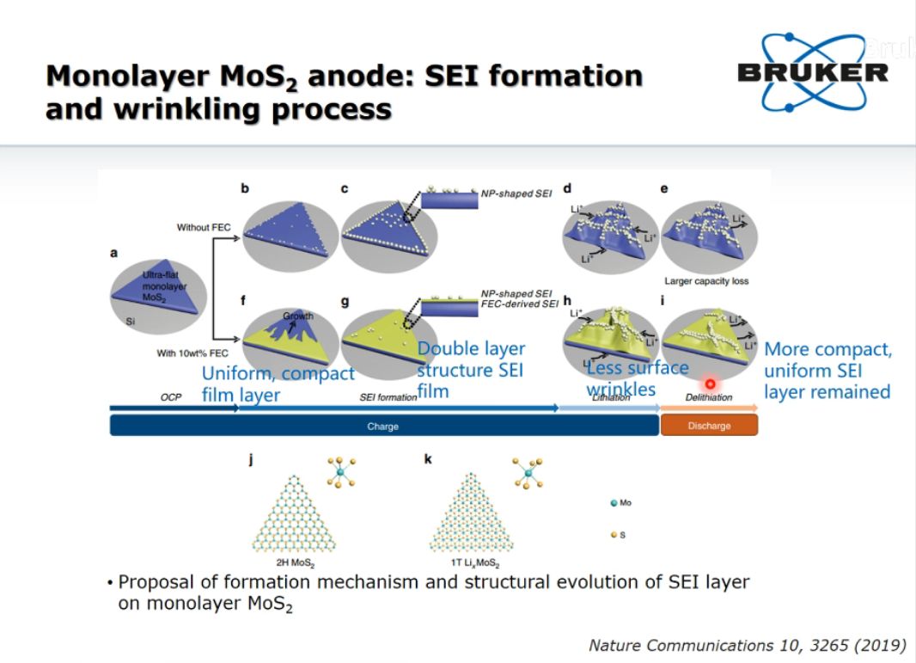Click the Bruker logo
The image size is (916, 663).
[812, 72]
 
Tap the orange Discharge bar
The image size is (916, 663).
[709, 426]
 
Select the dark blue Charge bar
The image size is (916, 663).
[383, 426]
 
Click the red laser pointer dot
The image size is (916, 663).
[711, 384]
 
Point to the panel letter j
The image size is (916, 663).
[250, 459]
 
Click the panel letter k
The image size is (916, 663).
[428, 459]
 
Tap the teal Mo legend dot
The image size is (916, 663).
[614, 503]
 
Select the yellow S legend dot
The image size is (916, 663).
[614, 535]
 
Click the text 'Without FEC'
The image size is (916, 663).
[205, 228]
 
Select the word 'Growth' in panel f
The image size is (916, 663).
[298, 316]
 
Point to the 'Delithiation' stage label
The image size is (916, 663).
[708, 397]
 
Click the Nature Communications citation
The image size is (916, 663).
[747, 645]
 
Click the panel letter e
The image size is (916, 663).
[664, 188]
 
